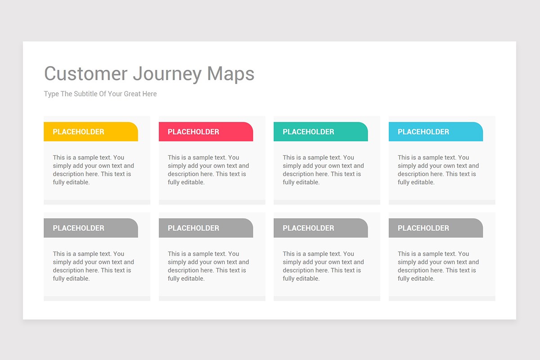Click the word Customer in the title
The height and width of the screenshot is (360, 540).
click(x=86, y=74)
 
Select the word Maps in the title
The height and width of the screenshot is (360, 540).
click(x=231, y=74)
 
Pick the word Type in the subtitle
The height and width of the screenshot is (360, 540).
click(x=51, y=94)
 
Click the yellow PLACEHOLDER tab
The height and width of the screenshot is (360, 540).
click(x=90, y=132)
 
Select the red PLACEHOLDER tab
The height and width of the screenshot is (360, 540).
click(x=206, y=132)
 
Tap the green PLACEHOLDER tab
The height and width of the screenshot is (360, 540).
click(x=320, y=132)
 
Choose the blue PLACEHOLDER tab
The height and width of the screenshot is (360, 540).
click(x=436, y=132)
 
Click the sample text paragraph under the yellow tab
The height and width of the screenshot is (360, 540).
click(x=93, y=170)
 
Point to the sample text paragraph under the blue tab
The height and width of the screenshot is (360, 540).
click(x=438, y=170)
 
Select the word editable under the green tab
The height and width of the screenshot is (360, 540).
click(x=308, y=182)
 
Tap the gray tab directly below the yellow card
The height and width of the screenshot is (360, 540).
click(x=90, y=228)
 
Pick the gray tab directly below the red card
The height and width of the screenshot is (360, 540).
click(x=206, y=228)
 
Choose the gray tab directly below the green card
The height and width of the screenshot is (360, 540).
click(x=320, y=228)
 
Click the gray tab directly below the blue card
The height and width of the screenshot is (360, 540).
click(x=436, y=228)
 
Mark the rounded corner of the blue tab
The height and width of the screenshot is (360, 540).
click(x=479, y=126)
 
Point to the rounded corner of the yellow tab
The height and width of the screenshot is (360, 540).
click(x=134, y=126)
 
